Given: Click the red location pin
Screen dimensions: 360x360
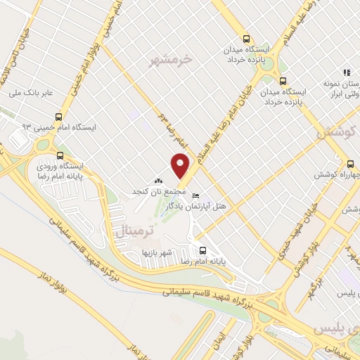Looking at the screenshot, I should coord(181,166).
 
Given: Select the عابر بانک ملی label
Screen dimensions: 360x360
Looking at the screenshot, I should coord(26,92).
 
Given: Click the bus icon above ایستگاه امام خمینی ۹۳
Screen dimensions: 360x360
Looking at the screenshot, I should coord(58,118).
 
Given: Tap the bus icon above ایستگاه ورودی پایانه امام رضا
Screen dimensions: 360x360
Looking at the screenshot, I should coord(59,156).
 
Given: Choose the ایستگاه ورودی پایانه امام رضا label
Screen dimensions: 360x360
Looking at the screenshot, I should coord(60,172).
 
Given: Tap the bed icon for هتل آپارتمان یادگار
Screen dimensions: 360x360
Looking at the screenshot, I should coord(196,195).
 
